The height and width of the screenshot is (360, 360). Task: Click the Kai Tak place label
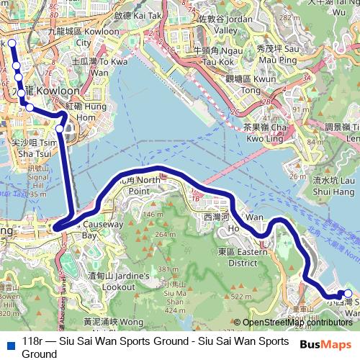pyautogui.click(x=137, y=14)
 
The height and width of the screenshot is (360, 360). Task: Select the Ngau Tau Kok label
pyautogui.click(x=216, y=55)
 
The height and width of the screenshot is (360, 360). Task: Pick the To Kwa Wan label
pyautogui.click(x=99, y=67)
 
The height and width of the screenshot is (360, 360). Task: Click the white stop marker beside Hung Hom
pyautogui.click(x=60, y=128)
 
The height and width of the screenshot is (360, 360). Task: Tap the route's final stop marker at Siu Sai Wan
pyautogui.click(x=348, y=293)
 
